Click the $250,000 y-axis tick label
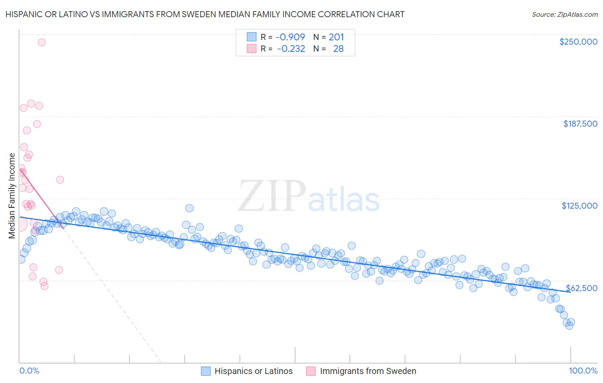tap(578, 42)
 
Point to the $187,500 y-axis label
tap(580, 124)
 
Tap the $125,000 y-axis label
tap(579, 206)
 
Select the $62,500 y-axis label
tap(582, 288)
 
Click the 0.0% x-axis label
tap(29, 371)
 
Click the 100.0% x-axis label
tap(583, 371)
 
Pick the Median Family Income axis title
tap(12, 196)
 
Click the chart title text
tap(205, 14)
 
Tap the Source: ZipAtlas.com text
tap(564, 14)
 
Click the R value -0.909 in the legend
tap(290, 37)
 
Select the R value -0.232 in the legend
tap(291, 49)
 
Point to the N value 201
tap(336, 37)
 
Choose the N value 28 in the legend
tap(338, 49)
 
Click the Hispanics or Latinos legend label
tap(253, 371)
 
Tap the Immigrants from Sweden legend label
tap(368, 371)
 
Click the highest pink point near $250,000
tap(42, 42)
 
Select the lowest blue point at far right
tap(569, 325)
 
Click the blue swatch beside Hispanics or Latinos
tap(206, 371)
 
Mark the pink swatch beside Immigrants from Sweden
tap(311, 371)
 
